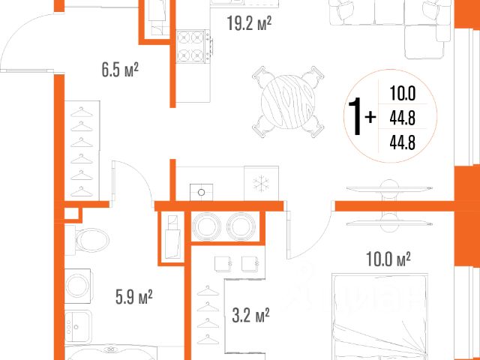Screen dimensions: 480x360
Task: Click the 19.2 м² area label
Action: click(249, 23)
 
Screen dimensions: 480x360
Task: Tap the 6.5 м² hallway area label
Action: click(120, 70)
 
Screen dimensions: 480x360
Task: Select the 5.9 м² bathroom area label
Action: click(134, 297)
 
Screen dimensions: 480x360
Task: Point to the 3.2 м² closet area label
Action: click(250, 315)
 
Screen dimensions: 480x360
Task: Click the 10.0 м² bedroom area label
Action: click(388, 259)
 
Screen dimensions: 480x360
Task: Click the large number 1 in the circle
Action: click(355, 116)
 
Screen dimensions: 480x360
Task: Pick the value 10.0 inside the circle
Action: click(402, 93)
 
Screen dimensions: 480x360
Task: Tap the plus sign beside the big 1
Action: click(370, 117)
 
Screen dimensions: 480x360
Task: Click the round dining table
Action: click(288, 102)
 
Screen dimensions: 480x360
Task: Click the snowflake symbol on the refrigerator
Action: click(261, 184)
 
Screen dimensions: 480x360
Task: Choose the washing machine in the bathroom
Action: click(78, 286)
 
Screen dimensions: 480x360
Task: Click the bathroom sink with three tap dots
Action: click(78, 327)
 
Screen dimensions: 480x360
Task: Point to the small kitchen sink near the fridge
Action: click(202, 192)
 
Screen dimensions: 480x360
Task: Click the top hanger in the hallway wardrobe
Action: click(82, 112)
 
